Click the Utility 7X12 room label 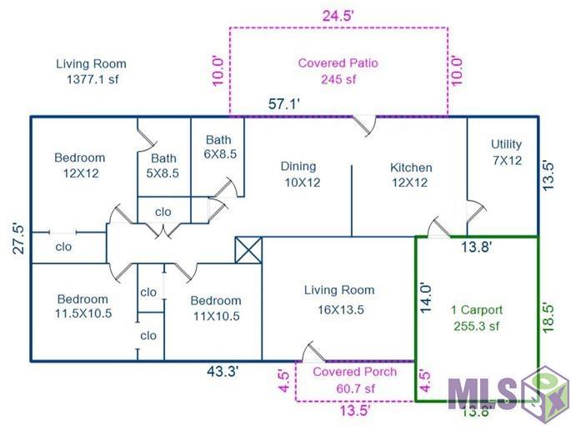click(507, 153)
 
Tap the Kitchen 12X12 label click(411, 175)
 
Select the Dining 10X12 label click(301, 174)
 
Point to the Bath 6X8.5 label click(219, 147)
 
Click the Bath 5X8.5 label click(163, 166)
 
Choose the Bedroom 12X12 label click(80, 165)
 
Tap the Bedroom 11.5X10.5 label click(83, 306)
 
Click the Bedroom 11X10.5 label click(216, 308)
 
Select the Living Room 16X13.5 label click(340, 300)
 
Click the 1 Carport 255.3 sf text click(477, 318)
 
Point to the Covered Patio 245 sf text click(338, 71)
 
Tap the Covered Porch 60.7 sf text click(355, 380)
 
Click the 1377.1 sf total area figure click(93, 79)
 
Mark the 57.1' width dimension click(284, 103)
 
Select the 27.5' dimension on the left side click(19, 238)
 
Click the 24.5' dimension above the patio click(338, 16)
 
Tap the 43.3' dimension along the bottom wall click(223, 372)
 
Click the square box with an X click(248, 250)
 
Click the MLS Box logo click(508, 394)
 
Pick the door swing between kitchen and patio click(365, 126)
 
